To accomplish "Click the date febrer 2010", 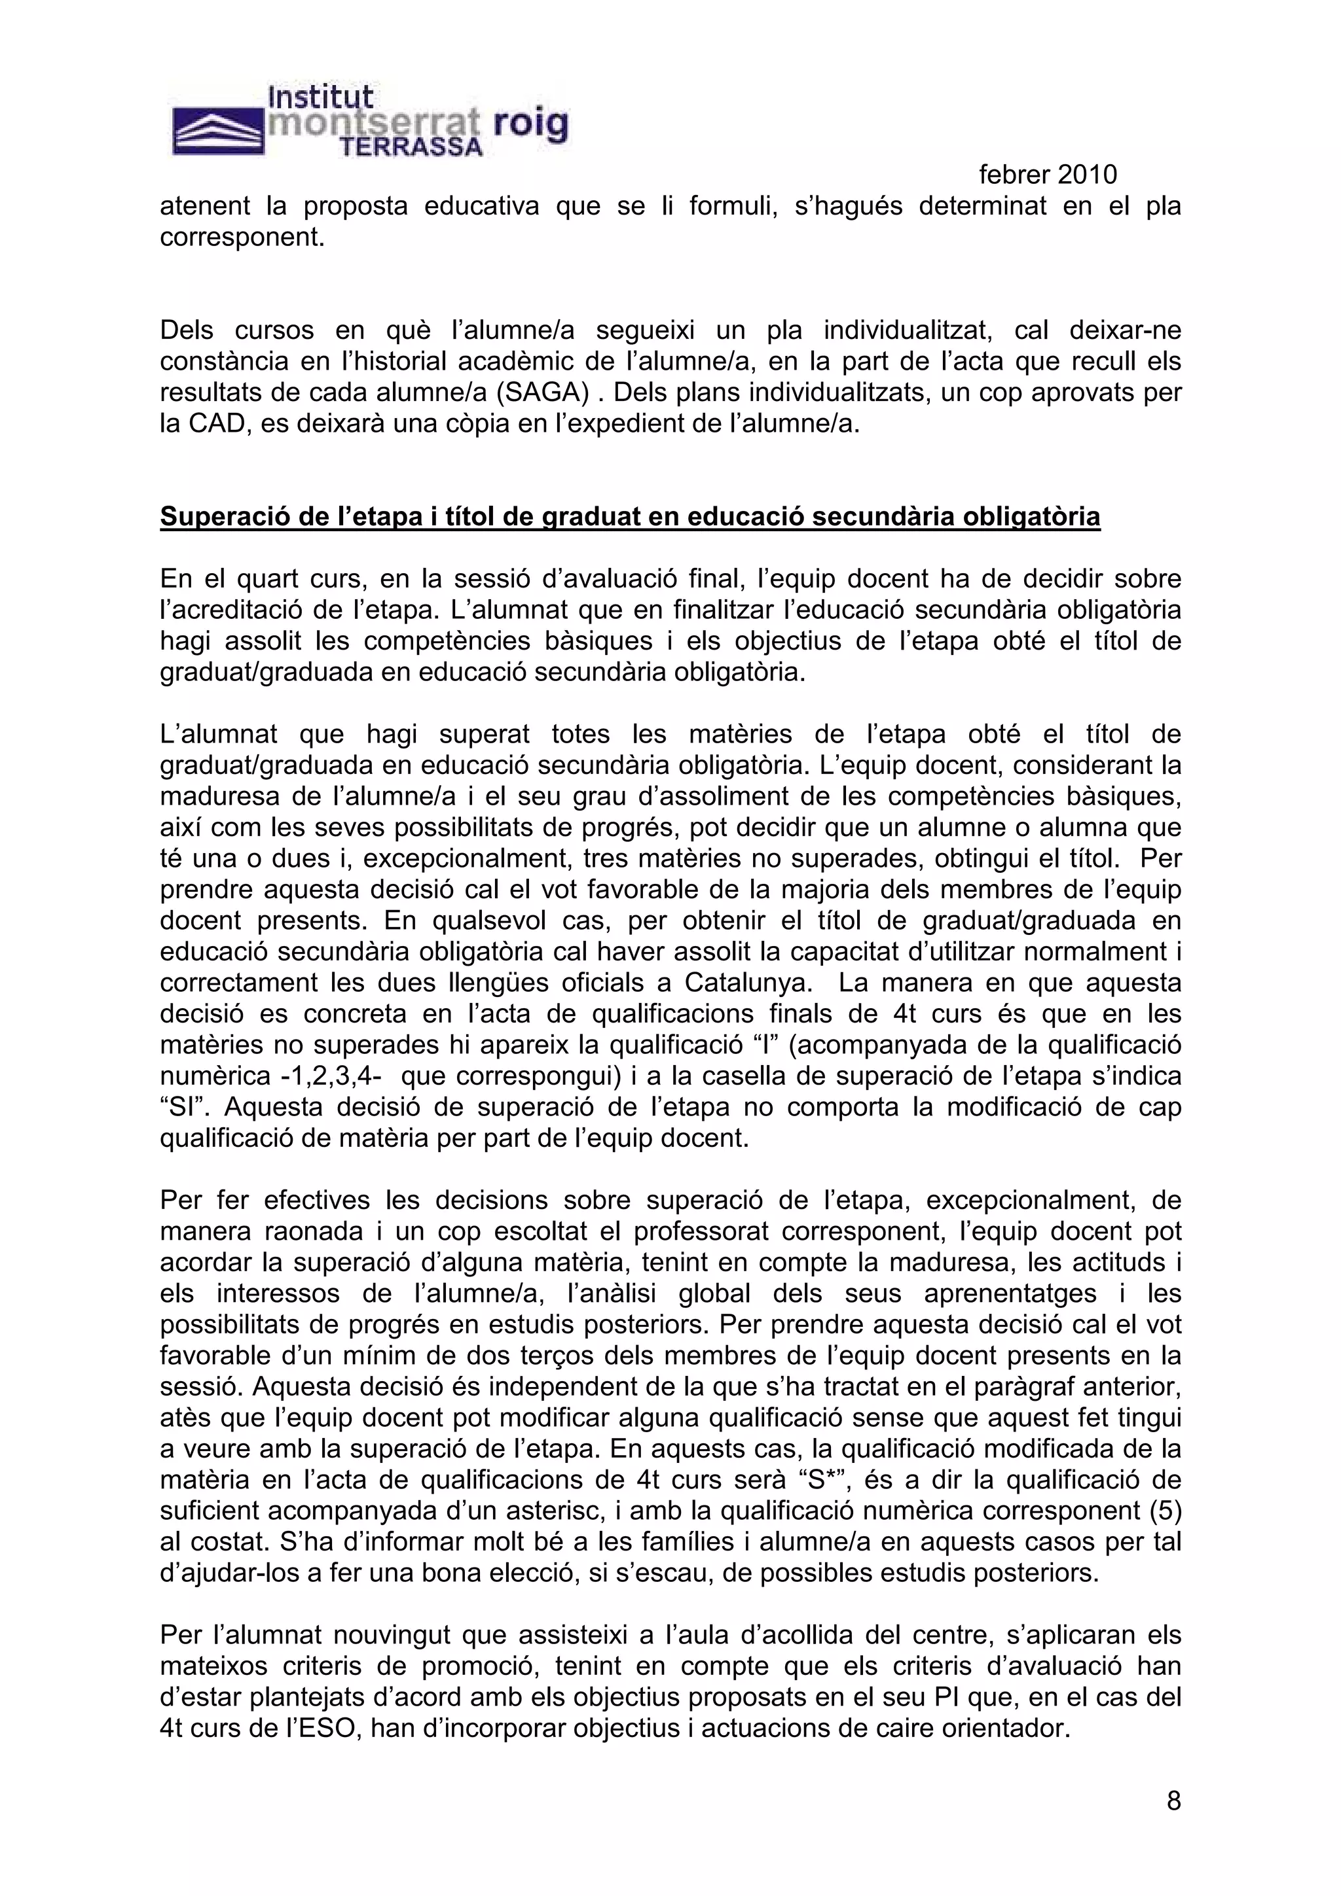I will click(1048, 174).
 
